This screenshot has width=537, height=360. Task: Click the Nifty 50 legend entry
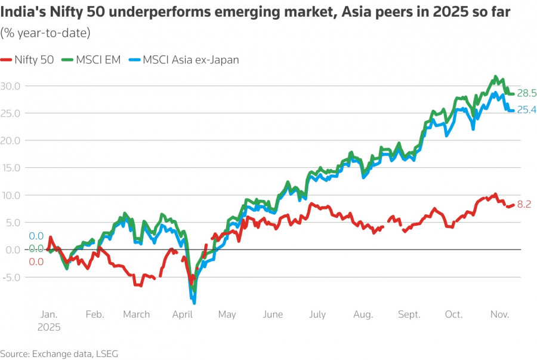[29, 60]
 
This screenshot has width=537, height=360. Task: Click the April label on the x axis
[182, 315]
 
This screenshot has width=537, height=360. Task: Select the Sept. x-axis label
[409, 315]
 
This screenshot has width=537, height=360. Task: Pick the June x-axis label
[273, 315]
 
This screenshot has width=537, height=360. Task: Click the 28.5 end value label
[527, 93]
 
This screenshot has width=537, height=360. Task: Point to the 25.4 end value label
[527, 110]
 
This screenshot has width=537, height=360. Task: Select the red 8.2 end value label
[524, 204]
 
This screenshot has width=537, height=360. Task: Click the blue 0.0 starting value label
[36, 236]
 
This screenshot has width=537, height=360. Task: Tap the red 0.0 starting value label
[36, 261]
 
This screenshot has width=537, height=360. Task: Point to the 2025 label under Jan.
[50, 327]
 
